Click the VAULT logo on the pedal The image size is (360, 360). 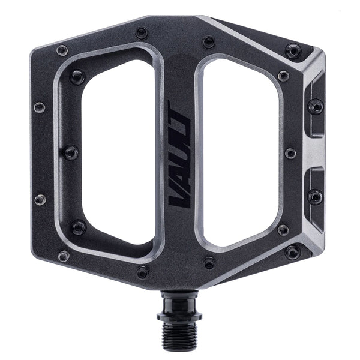click(x=181, y=155)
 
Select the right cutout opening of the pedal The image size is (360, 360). click(x=240, y=153)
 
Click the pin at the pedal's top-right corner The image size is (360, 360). click(x=293, y=51)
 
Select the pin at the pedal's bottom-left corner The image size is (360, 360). click(x=63, y=256)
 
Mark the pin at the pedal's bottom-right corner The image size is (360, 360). click(x=292, y=252)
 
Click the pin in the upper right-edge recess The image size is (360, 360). click(x=315, y=107)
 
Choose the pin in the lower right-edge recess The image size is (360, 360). click(x=314, y=196)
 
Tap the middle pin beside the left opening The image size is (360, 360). click(x=71, y=152)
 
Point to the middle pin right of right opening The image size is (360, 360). click(x=290, y=153)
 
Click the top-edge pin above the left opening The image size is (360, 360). click(x=142, y=33)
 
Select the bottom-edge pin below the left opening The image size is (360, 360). click(x=143, y=272)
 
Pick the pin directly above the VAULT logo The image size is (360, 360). click(x=209, y=43)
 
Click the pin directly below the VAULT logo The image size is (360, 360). click(x=209, y=262)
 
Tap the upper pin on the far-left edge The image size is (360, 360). click(x=40, y=107)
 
